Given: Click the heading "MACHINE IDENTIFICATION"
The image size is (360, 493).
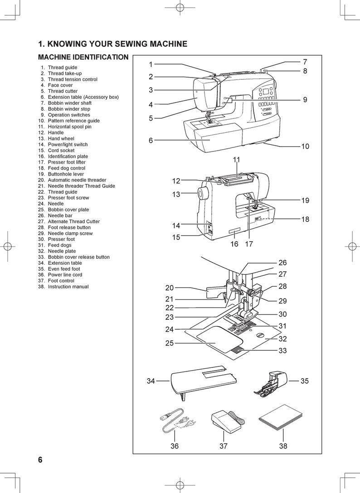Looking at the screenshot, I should tap(83, 58).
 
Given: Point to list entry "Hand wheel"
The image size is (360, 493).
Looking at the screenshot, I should tap(61, 138).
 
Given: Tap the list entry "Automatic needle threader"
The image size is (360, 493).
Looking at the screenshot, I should tap(77, 180).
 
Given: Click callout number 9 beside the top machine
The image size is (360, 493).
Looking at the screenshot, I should tap(305, 100).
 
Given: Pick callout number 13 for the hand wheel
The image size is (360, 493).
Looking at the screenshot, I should tap(176, 195).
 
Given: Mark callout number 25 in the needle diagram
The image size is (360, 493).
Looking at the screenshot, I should tap(170, 343).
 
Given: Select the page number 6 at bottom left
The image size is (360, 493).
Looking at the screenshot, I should tap(40, 460).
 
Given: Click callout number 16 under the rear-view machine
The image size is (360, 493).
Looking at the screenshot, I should tap(234, 244).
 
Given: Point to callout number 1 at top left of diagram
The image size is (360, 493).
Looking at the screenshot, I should tap(151, 64).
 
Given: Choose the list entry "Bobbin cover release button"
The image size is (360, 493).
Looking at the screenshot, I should tap(78, 257).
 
